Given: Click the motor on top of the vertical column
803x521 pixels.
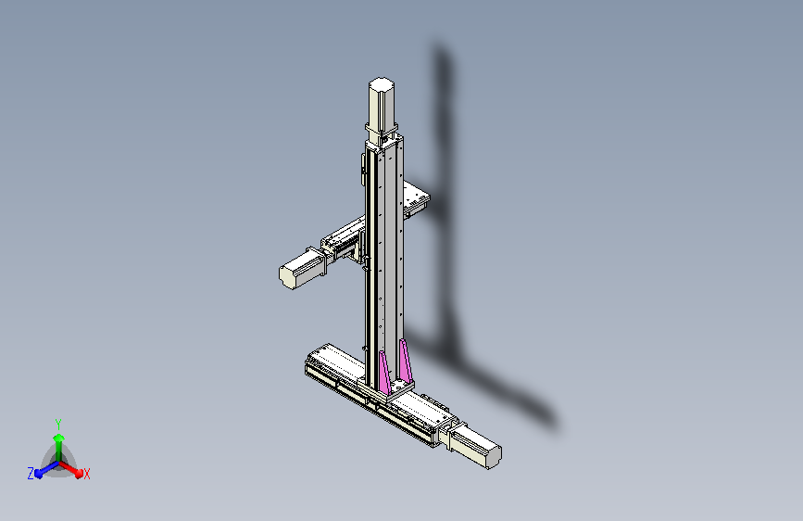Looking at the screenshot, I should pos(383,102).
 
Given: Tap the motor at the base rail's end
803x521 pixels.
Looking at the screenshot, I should pos(477,449).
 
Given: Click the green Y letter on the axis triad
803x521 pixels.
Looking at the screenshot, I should pos(58,423).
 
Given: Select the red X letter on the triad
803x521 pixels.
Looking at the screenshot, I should pos(86,474).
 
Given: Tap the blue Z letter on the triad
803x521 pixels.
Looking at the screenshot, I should pos(31,474).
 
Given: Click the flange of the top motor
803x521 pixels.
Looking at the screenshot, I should pos(383,131).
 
